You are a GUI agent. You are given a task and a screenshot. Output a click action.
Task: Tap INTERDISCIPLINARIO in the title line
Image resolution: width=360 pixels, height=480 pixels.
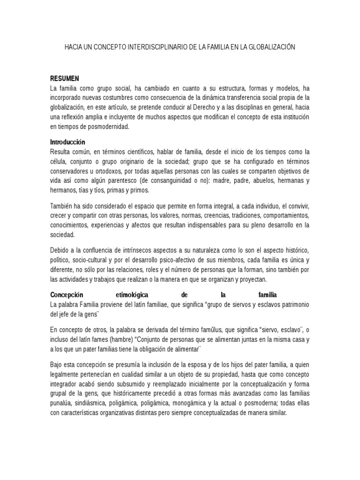(x=144, y=47)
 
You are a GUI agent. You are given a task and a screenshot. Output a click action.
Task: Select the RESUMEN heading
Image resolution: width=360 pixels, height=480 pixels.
(x=65, y=78)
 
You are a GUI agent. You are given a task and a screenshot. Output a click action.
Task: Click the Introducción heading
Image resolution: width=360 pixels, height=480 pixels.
(x=67, y=142)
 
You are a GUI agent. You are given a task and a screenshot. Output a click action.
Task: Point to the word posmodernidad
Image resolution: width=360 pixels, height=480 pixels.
(x=108, y=127)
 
